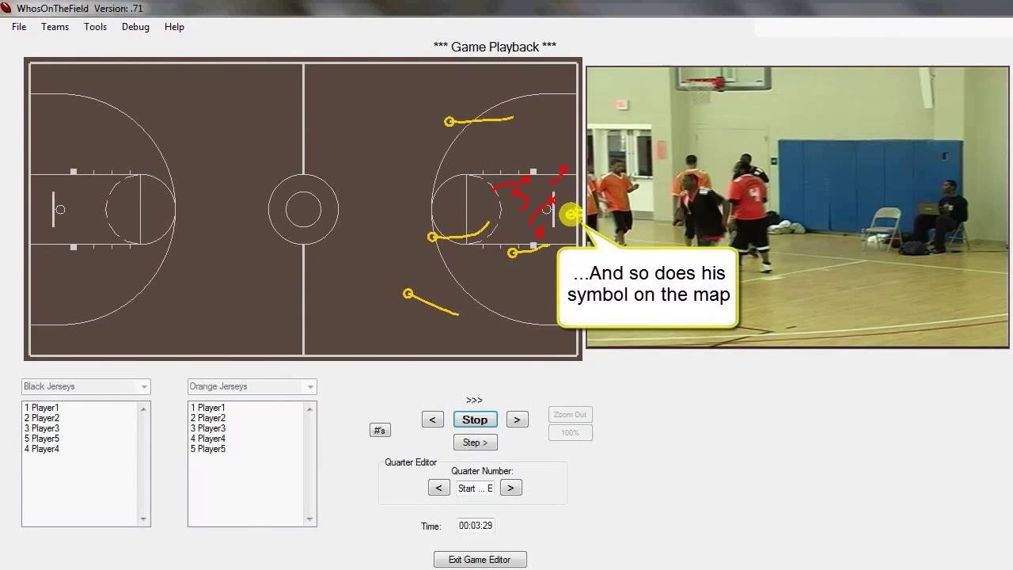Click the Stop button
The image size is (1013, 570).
(475, 420)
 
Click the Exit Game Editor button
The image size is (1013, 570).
(480, 560)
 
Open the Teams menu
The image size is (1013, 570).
(55, 27)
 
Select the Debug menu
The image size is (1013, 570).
(135, 27)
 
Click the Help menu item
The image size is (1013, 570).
(174, 27)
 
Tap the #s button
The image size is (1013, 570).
(380, 430)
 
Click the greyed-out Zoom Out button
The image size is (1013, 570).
(570, 415)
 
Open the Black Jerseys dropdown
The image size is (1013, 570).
(85, 386)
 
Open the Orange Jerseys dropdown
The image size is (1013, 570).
(252, 386)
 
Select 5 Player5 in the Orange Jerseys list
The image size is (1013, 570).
(208, 449)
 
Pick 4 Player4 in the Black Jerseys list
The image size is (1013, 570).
(42, 449)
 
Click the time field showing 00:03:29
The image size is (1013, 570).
(476, 526)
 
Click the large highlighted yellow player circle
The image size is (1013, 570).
(571, 214)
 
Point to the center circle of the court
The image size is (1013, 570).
(303, 210)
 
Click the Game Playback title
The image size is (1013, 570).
(495, 47)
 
